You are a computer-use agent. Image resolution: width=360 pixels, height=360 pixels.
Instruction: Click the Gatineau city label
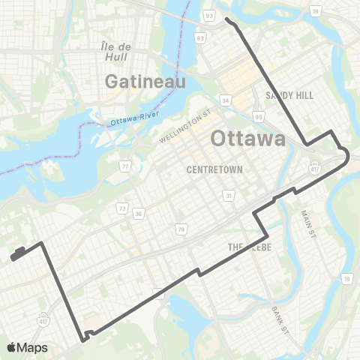coord(145,81)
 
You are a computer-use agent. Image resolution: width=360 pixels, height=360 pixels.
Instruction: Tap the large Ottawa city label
coord(247,139)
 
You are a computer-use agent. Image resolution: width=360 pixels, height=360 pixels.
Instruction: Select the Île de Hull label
coord(116,52)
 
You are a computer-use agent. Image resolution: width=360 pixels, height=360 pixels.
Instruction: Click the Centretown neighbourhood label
coord(214,169)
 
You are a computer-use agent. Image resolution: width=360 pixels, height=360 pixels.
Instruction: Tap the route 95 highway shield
coord(259,116)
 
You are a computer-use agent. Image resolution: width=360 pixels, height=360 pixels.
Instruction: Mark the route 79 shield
coord(181,228)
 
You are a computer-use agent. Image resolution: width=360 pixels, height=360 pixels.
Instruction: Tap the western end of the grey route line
coord(13,258)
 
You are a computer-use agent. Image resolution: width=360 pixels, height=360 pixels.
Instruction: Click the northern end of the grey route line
coord(226,20)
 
